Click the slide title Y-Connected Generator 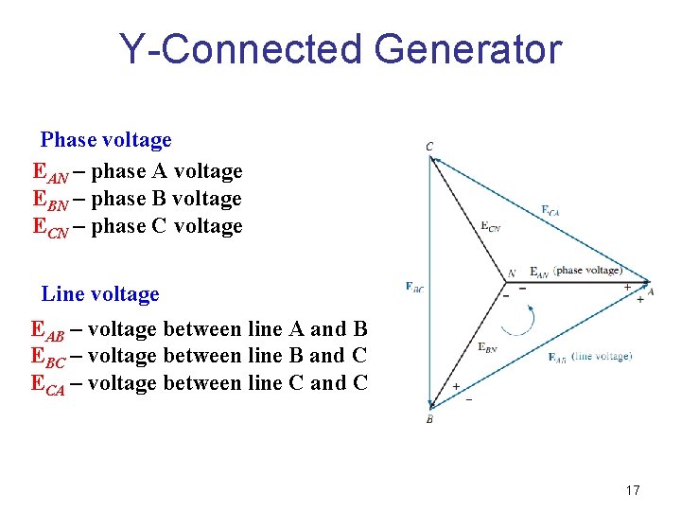point(340,49)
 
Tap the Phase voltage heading point(106,140)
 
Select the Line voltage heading point(100,294)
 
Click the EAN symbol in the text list point(50,172)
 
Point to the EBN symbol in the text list point(50,200)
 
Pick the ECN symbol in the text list point(50,227)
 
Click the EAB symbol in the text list point(48,330)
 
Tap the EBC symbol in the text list point(48,357)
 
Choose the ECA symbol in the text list point(48,384)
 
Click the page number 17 point(633,490)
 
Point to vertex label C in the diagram point(429,147)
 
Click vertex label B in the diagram point(429,418)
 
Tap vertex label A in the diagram point(651,292)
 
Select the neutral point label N point(512,273)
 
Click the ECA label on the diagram point(550,211)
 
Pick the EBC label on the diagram point(413,286)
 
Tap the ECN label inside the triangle point(491,226)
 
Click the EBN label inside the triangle point(487,347)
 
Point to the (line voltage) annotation point(602,356)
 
